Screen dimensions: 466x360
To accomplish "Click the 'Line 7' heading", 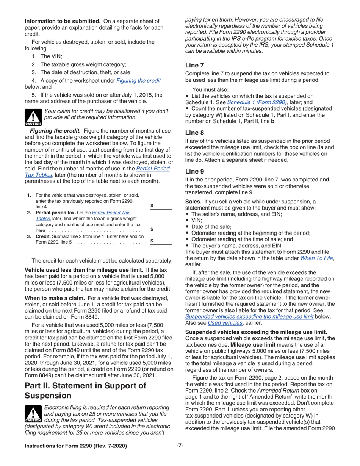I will (194, 65).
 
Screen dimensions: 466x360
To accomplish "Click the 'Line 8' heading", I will (194, 133).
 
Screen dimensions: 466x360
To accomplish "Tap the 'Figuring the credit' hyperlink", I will (138, 80).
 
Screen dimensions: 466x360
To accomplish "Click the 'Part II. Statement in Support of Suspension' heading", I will (85, 390).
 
